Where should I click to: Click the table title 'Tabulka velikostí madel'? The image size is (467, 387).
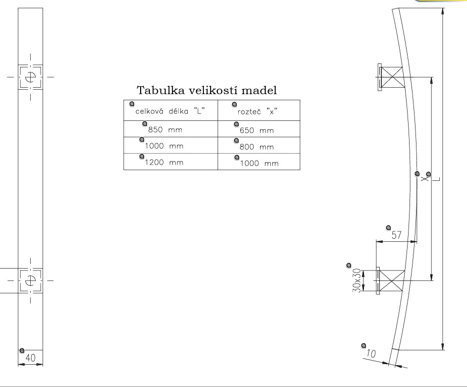(207, 91)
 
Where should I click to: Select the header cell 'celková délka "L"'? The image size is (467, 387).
(170, 111)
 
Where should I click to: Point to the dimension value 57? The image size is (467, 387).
(396, 235)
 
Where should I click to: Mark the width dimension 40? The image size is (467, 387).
(30, 359)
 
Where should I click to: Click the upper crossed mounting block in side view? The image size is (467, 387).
(393, 77)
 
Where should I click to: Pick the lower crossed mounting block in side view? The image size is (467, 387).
(391, 281)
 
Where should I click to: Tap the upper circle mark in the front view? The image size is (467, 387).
(30, 77)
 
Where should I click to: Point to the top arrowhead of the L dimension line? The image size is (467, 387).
(442, 12)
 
